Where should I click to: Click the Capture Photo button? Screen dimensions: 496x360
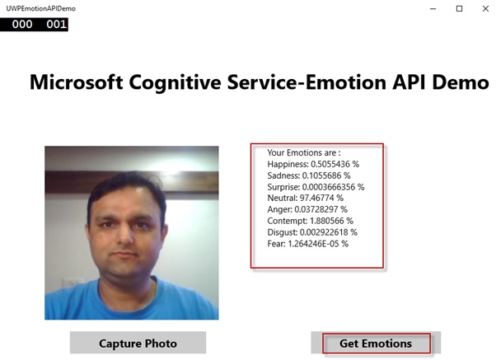click(x=138, y=343)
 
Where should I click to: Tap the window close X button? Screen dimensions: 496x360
click(x=485, y=9)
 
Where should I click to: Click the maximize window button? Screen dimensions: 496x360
click(x=459, y=9)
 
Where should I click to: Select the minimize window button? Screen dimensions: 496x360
click(x=433, y=9)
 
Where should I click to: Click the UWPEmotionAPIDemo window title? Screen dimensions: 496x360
click(x=41, y=8)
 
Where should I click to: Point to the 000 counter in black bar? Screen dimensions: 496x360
click(x=22, y=25)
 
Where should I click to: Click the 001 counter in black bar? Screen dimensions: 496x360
click(x=56, y=25)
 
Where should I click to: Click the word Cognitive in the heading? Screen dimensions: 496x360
click(x=175, y=82)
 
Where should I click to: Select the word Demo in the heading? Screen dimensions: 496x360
click(x=461, y=82)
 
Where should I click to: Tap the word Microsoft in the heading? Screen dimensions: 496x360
click(x=76, y=82)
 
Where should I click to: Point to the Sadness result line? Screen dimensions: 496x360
click(x=309, y=175)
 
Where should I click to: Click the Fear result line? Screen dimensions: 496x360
click(x=308, y=244)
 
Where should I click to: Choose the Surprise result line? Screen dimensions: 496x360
click(x=316, y=187)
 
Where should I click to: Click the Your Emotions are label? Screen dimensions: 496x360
click(x=304, y=152)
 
